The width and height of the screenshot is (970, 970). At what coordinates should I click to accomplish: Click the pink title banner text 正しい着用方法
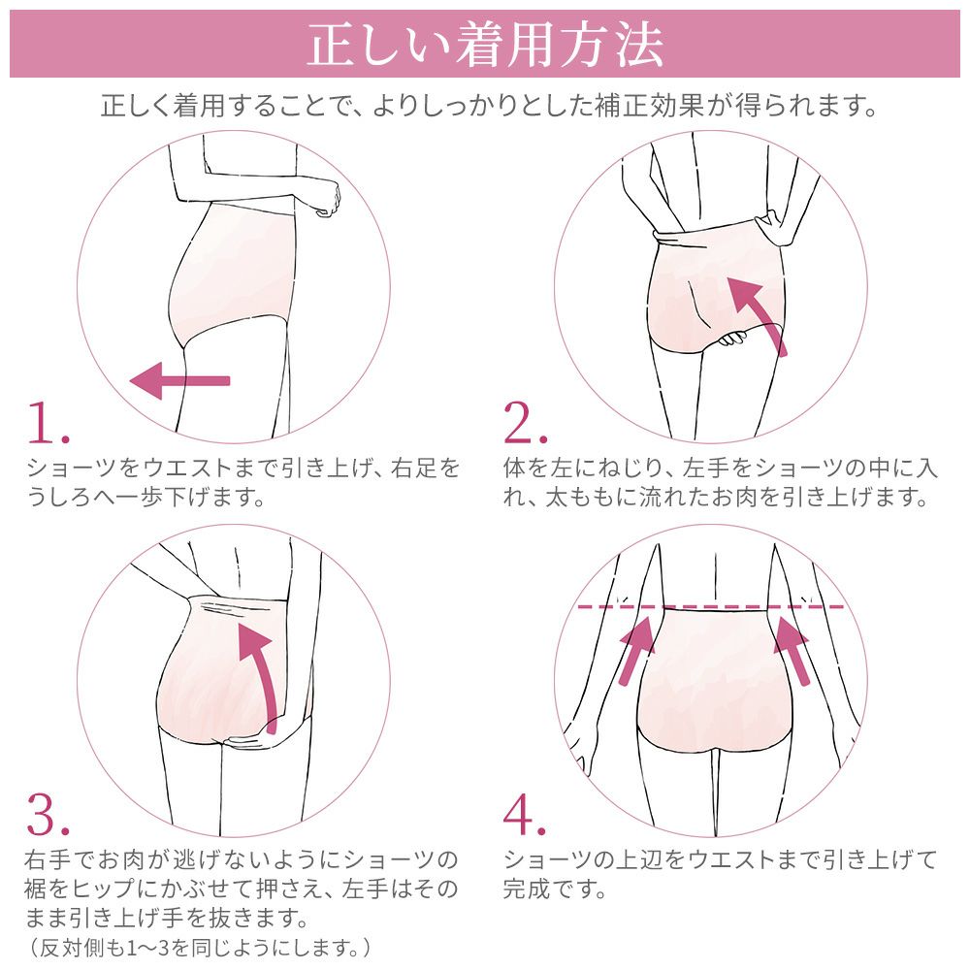[x=485, y=45]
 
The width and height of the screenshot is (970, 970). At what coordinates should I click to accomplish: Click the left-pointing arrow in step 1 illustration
[x=179, y=379]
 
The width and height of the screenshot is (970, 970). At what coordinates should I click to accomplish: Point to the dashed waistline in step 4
[x=713, y=606]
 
